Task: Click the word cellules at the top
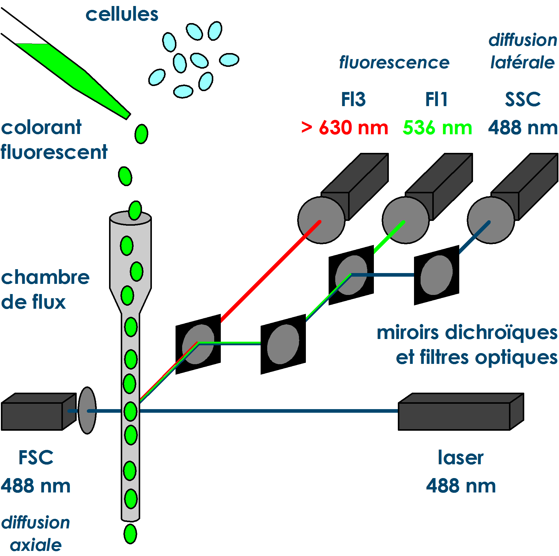[122, 14]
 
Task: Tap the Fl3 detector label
[353, 100]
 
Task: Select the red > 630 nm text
[345, 128]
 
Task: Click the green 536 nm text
[437, 128]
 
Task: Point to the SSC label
[523, 100]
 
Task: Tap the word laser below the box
[460, 458]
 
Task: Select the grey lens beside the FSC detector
[87, 410]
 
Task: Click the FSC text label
[36, 458]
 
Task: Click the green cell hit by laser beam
[130, 412]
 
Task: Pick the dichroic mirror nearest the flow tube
[198, 344]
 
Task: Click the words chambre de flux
[45, 289]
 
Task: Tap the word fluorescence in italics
[394, 63]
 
